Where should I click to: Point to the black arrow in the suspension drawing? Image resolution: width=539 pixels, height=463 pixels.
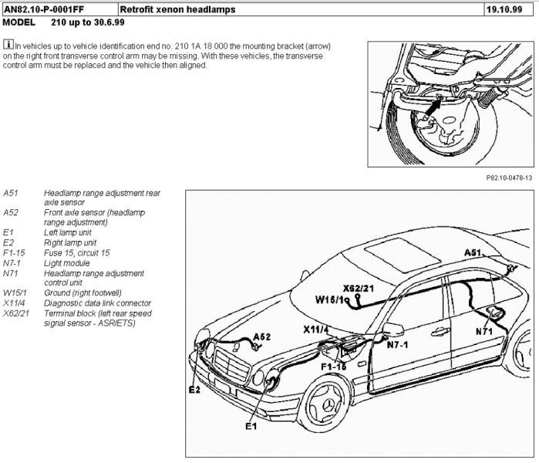433,105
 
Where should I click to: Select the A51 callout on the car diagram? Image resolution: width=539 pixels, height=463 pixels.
473,253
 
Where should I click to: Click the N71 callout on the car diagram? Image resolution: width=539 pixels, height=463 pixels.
484,330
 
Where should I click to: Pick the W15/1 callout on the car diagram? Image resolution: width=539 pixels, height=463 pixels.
329,299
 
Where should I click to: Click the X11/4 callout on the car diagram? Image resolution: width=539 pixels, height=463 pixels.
315,330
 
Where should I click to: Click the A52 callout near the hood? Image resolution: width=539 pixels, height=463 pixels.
263,337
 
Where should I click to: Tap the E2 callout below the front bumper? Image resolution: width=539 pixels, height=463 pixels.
194,390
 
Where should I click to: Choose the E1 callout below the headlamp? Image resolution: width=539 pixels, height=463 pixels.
251,425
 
